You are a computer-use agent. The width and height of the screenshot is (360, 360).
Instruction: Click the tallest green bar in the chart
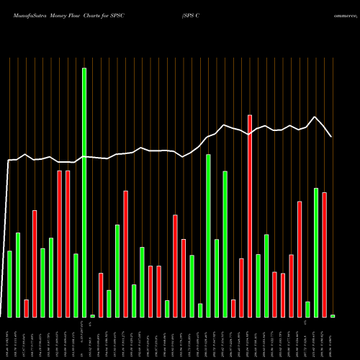point(84,192)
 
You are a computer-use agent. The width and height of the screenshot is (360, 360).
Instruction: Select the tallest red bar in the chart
point(250,216)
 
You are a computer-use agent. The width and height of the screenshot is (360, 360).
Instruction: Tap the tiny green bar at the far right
point(333,316)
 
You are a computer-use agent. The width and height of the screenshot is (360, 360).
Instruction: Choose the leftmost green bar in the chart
point(9,284)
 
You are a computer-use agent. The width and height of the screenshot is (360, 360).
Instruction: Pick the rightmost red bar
point(324,255)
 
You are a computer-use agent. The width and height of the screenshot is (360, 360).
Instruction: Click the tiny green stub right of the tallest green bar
point(92,316)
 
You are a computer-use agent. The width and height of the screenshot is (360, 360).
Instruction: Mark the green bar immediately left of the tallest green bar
point(76,285)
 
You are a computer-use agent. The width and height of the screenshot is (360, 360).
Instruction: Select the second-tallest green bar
point(208,235)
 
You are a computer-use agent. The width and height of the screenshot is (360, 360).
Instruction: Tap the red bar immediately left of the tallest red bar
point(241,288)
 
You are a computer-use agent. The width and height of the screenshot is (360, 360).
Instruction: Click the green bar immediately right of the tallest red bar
point(258,286)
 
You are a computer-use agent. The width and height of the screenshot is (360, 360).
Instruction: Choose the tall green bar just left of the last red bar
point(315,252)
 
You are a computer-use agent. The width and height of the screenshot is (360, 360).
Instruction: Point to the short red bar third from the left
point(26,308)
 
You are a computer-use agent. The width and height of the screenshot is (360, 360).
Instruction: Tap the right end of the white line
point(331,136)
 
